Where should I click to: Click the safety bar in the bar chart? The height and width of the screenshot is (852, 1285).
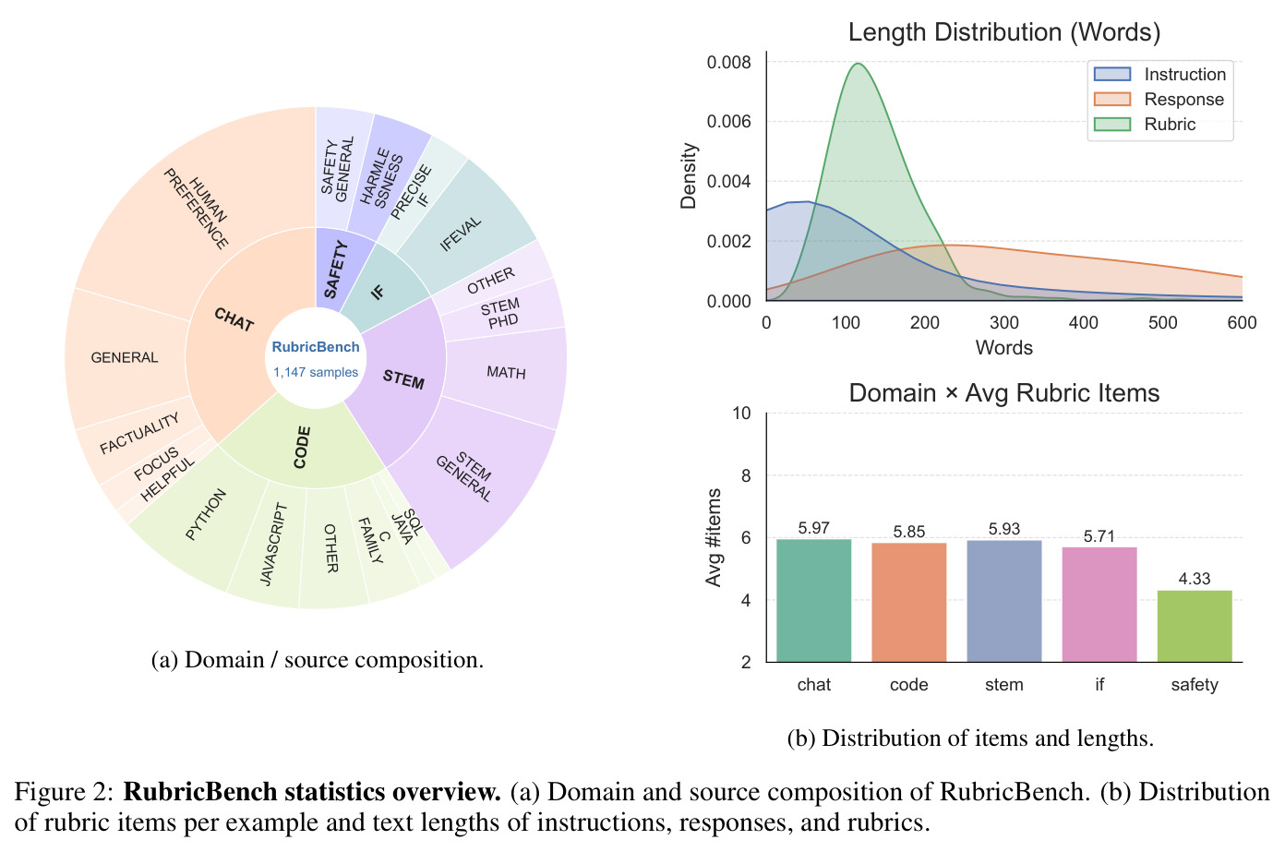1195,626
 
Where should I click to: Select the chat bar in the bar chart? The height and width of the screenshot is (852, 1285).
813,601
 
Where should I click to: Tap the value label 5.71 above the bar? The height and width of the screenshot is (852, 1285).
1099,536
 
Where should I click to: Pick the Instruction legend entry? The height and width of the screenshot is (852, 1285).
1159,74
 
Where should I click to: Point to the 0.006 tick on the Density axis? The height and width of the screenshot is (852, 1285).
728,122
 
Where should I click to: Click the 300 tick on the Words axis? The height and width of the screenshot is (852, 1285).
1004,322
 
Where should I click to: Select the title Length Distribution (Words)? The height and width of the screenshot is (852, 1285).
1004,32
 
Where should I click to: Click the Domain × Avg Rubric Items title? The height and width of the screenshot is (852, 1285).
1004,393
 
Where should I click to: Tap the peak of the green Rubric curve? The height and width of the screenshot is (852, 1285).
858,64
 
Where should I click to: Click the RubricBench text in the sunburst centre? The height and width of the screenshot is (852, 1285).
316,347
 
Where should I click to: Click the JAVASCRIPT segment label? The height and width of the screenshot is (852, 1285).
273,544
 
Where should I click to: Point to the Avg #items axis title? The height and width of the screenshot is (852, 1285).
713,537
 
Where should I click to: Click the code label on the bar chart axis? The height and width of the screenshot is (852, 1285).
908,685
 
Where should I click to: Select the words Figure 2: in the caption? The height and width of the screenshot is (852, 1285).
64,792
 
